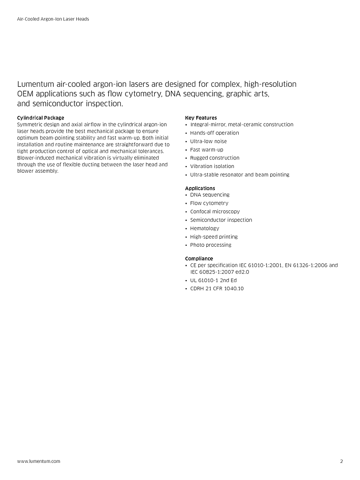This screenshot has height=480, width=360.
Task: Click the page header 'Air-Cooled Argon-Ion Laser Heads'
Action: click(53, 19)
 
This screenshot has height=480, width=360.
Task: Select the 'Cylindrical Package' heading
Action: click(41, 118)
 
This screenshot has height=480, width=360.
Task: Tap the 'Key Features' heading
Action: click(201, 118)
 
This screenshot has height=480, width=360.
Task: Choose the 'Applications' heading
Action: click(200, 188)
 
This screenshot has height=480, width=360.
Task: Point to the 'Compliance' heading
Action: click(199, 259)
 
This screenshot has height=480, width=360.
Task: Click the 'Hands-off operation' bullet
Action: click(214, 133)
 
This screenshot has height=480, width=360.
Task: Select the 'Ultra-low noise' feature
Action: click(208, 141)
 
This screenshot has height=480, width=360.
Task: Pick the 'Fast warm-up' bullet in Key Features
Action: click(206, 150)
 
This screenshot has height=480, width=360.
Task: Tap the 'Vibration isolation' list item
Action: click(212, 167)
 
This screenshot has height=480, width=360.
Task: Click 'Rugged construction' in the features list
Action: click(214, 158)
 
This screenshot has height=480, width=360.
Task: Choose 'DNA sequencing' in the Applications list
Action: click(210, 195)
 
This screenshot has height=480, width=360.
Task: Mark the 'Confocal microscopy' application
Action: click(215, 211)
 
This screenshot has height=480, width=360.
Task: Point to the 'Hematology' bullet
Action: click(204, 228)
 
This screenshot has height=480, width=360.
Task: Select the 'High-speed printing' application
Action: click(213, 237)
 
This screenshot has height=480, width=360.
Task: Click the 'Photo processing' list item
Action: click(211, 245)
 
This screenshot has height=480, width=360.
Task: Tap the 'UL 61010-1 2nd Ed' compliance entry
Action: click(213, 280)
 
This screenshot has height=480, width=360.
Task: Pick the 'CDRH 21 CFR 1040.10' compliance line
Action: click(217, 289)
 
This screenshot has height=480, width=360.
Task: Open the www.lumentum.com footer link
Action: click(39, 461)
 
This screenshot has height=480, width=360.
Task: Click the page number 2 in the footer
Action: click(341, 461)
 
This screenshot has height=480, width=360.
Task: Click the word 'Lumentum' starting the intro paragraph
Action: click(39, 84)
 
